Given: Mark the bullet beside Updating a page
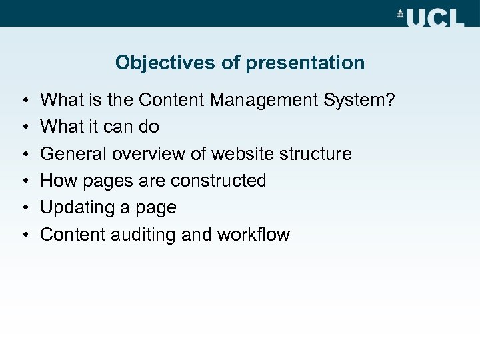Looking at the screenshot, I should tap(24, 208).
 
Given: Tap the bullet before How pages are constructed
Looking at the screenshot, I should tap(24, 181).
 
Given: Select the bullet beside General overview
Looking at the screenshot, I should tap(24, 155).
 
